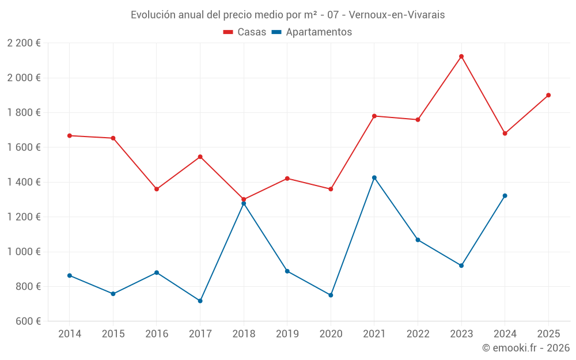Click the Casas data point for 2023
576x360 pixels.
(461, 56)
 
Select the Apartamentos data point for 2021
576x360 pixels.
(374, 177)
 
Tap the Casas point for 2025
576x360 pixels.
(548, 95)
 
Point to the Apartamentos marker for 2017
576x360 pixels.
(200, 301)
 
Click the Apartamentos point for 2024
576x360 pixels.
(505, 196)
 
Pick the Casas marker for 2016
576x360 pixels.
(157, 189)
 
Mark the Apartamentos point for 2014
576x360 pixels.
(70, 275)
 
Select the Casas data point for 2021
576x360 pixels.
(374, 116)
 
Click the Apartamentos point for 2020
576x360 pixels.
(331, 295)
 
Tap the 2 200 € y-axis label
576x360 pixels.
(24, 43)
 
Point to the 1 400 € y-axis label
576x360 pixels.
(24, 182)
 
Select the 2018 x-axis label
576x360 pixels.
(244, 334)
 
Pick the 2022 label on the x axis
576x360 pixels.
(418, 334)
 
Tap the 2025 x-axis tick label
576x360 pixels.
(548, 334)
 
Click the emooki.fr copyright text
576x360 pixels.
(526, 348)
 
